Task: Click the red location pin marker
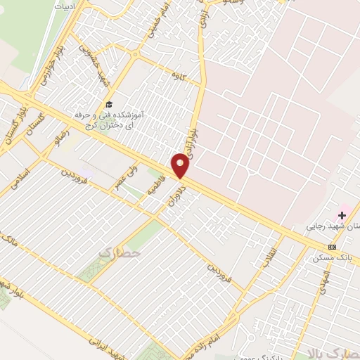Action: [181, 166]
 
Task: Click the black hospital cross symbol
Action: [343, 214]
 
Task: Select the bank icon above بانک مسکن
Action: [332, 247]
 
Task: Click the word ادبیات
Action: [64, 6]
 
